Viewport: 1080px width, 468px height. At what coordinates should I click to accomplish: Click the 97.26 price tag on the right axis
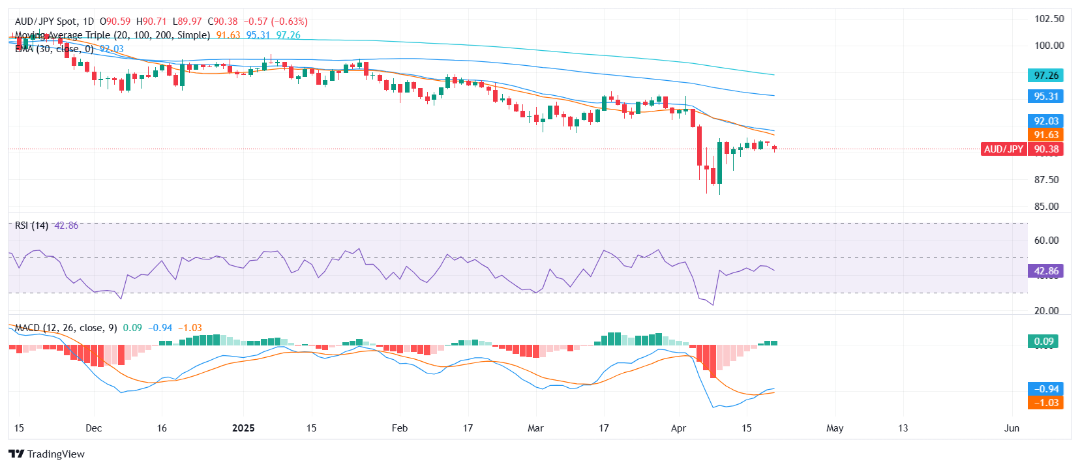[x=1045, y=76]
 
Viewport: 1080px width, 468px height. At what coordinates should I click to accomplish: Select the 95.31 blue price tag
[x=1045, y=96]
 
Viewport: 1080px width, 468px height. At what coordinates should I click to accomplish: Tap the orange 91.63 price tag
[x=1045, y=135]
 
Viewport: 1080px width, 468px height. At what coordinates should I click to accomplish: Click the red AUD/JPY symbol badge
[x=1003, y=149]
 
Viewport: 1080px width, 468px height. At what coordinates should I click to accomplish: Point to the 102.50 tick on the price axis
[x=1049, y=18]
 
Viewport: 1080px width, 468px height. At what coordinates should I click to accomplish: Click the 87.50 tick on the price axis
[x=1046, y=180]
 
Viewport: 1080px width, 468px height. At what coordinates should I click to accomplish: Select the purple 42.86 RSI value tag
[x=1045, y=271]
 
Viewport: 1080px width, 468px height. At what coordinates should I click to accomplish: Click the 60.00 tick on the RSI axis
[x=1046, y=241]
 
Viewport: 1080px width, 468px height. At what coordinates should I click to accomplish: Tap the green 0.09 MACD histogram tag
[x=1043, y=342]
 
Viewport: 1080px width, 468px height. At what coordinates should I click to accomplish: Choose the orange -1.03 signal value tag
[x=1045, y=403]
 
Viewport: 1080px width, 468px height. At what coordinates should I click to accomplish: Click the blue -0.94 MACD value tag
[x=1045, y=389]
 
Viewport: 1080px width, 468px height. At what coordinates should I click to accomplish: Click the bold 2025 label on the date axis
[x=243, y=428]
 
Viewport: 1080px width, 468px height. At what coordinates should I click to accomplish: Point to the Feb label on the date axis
[x=399, y=428]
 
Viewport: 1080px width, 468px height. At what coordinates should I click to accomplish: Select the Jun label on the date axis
[x=1012, y=428]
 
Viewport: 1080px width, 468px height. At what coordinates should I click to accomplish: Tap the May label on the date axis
[x=835, y=428]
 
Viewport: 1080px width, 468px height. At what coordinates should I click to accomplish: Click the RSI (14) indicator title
[x=31, y=226]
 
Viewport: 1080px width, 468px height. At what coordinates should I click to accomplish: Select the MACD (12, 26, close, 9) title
[x=65, y=328]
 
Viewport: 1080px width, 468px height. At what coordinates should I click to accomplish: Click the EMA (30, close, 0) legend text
[x=54, y=49]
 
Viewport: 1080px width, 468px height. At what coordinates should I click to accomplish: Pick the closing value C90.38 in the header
[x=222, y=22]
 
